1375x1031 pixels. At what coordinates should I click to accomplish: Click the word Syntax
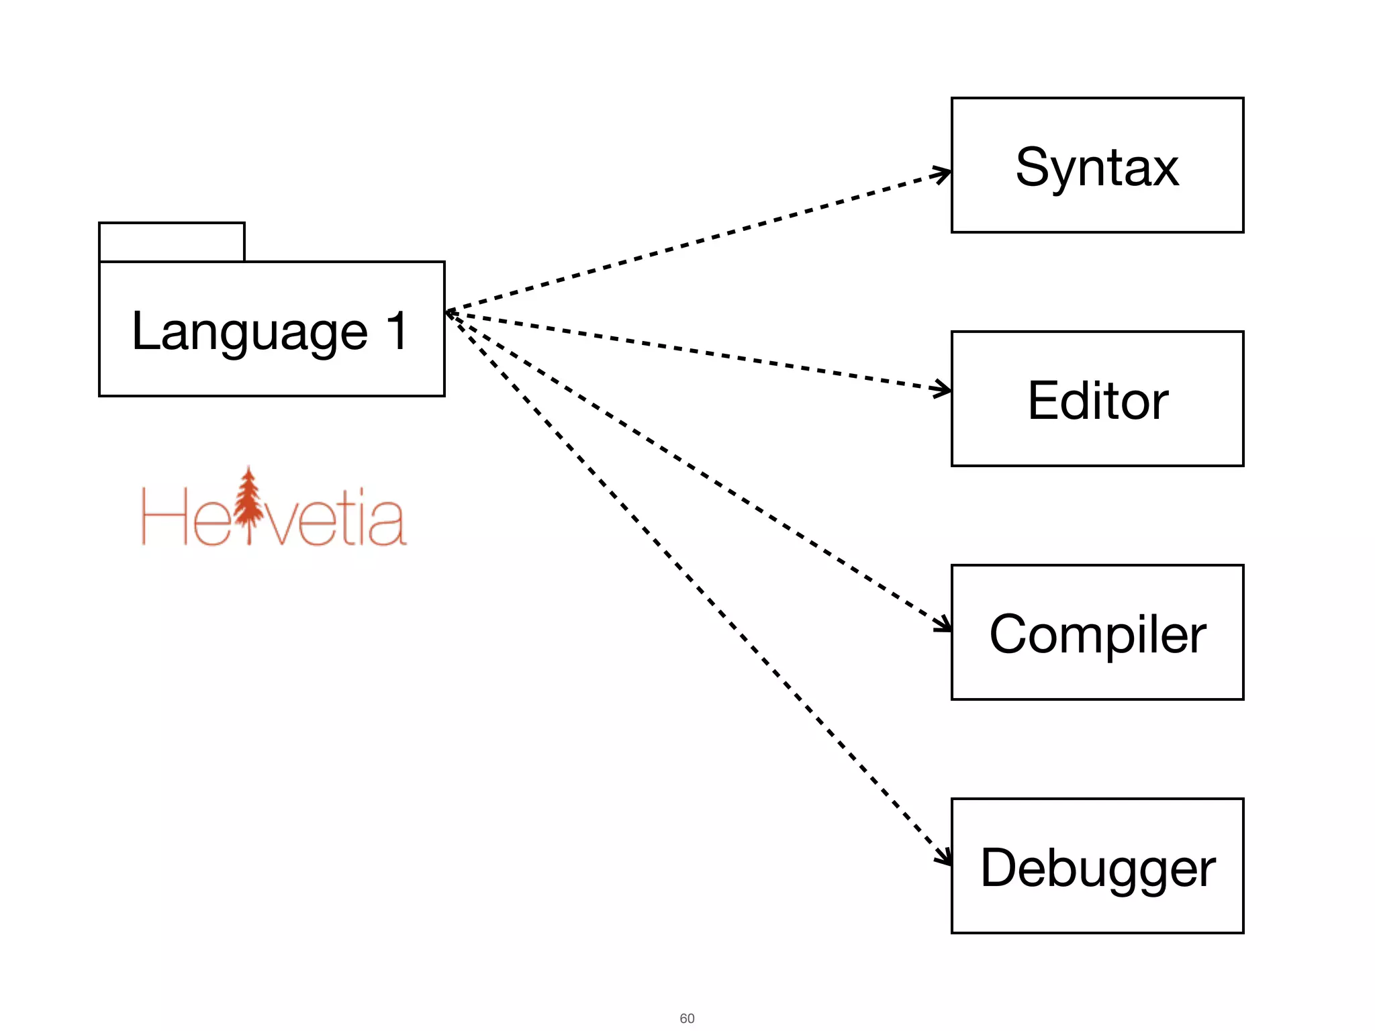coord(1096,168)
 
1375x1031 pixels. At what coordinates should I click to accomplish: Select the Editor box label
coord(1098,401)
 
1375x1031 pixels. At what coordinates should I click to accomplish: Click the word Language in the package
coord(250,332)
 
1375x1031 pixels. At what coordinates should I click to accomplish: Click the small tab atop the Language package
coord(171,242)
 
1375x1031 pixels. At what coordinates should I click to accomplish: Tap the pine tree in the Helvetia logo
coord(249,503)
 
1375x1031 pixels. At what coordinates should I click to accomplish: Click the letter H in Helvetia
coord(163,517)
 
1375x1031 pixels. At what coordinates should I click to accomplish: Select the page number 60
coord(687,1018)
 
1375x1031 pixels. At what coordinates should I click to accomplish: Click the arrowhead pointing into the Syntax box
coord(944,175)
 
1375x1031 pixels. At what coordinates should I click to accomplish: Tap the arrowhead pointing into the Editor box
coord(944,389)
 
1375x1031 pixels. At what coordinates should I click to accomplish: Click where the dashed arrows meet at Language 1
coord(448,312)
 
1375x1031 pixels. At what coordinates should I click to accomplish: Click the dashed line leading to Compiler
coord(698,470)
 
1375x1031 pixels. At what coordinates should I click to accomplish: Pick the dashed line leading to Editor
coord(698,351)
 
